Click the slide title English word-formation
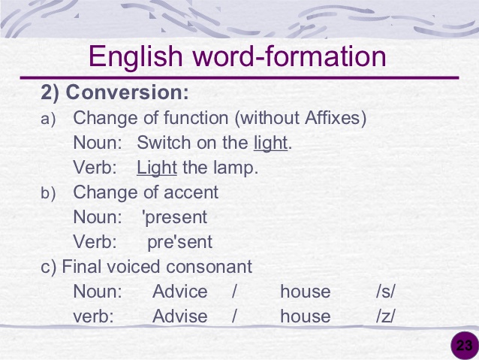pyautogui.click(x=237, y=56)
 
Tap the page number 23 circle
pyautogui.click(x=464, y=346)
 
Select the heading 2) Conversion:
pyautogui.click(x=114, y=94)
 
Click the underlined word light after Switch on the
pyautogui.click(x=270, y=143)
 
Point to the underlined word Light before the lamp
pyautogui.click(x=156, y=168)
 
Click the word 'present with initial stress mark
pyautogui.click(x=174, y=217)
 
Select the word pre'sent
pyautogui.click(x=179, y=242)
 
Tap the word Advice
pyautogui.click(x=179, y=292)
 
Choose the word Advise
pyautogui.click(x=179, y=316)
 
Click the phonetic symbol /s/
pyautogui.click(x=386, y=292)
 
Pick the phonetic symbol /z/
pyautogui.click(x=386, y=316)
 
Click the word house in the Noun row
pyautogui.click(x=305, y=292)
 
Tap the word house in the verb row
pyautogui.click(x=305, y=316)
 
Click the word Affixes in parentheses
pyautogui.click(x=333, y=118)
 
